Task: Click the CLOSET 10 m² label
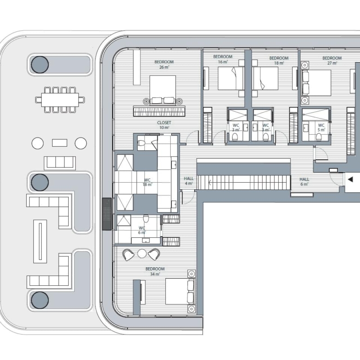pyautogui.click(x=164, y=125)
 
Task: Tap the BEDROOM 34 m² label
pyautogui.click(x=155, y=271)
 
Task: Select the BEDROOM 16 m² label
pyautogui.click(x=223, y=59)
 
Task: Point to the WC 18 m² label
pyautogui.click(x=147, y=182)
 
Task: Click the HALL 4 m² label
pyautogui.click(x=189, y=181)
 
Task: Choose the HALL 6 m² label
pyautogui.click(x=304, y=181)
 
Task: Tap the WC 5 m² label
pyautogui.click(x=321, y=127)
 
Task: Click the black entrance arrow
pyautogui.click(x=350, y=180)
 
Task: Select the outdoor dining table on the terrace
pyautogui.click(x=60, y=100)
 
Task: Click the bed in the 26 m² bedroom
pyautogui.click(x=163, y=90)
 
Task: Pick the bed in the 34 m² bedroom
pyautogui.click(x=180, y=291)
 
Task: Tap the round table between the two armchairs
pyautogui.click(x=142, y=254)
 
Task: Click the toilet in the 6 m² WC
pyautogui.click(x=146, y=218)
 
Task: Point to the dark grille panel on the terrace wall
pyautogui.click(x=107, y=214)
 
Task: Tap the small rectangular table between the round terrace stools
pyautogui.click(x=60, y=143)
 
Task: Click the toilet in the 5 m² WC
pyautogui.click(x=319, y=137)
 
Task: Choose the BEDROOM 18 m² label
pyautogui.click(x=279, y=60)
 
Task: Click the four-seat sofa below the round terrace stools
pyautogui.click(x=60, y=163)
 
